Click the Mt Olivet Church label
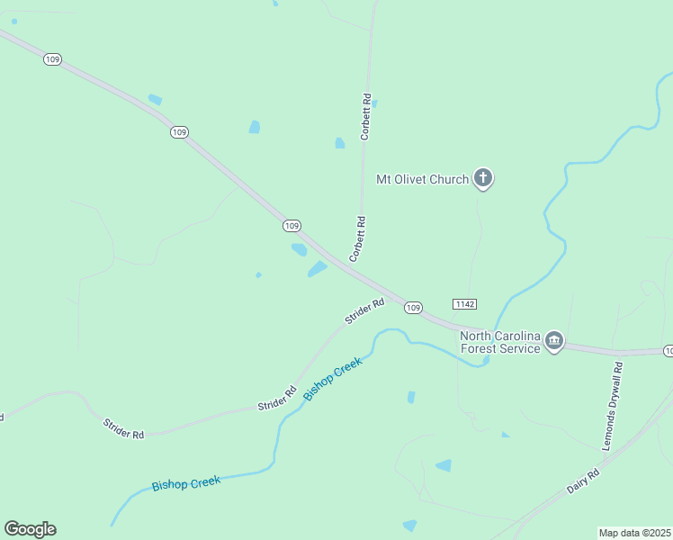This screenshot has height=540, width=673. [x=422, y=179]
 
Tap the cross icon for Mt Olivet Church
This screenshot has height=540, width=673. [x=483, y=178]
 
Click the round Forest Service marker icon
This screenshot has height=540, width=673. [x=554, y=341]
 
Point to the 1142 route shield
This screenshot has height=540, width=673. [x=465, y=304]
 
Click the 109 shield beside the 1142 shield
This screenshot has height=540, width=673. [x=413, y=308]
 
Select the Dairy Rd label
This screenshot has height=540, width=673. [x=583, y=481]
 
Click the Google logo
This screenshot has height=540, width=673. [x=30, y=529]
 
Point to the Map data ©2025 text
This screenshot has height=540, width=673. [x=635, y=533]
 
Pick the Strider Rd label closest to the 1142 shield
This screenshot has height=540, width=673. [x=363, y=312]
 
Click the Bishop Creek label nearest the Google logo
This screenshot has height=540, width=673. [x=185, y=483]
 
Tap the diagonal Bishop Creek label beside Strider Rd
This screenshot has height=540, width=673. [x=332, y=378]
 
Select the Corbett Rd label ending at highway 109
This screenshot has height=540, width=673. [x=358, y=238]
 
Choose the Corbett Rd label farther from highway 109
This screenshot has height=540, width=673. [x=365, y=117]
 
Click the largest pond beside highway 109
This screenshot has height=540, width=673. [x=317, y=269]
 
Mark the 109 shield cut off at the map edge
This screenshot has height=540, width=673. [x=668, y=350]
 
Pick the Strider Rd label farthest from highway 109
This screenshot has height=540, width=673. [x=123, y=428]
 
